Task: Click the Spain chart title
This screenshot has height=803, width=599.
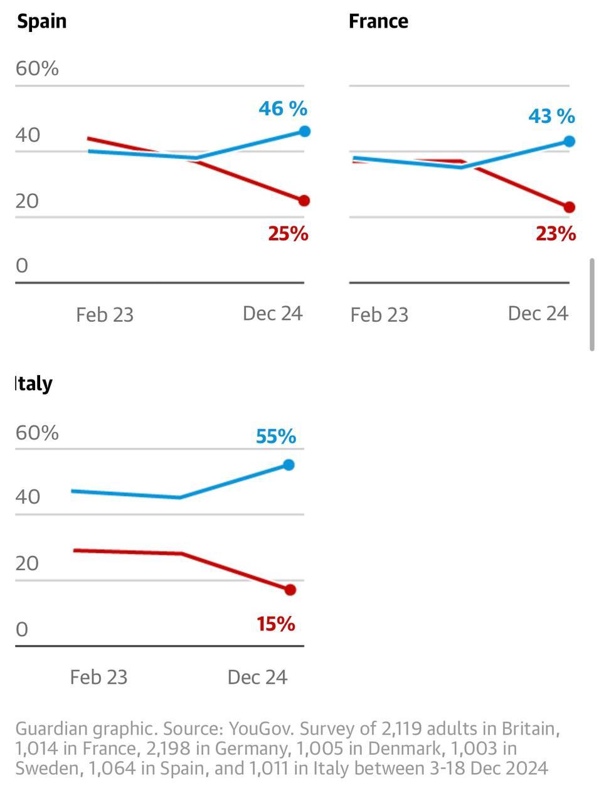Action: [41, 21]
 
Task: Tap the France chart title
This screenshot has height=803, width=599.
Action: [378, 21]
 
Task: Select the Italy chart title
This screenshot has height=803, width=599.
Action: [34, 383]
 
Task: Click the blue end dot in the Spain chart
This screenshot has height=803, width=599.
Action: [304, 131]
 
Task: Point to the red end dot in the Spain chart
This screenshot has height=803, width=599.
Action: [304, 201]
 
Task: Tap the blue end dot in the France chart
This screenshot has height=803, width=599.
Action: [570, 141]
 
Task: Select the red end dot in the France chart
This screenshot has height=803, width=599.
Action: [570, 207]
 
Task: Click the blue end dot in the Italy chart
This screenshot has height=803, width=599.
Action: [289, 465]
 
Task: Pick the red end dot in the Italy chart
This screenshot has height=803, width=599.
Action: [290, 590]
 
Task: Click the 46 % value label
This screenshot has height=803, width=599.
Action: [283, 109]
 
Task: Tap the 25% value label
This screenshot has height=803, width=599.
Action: [289, 234]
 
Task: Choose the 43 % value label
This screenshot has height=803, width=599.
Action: [551, 116]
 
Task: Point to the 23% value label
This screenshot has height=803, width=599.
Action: [556, 234]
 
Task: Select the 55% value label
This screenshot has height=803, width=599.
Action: [276, 437]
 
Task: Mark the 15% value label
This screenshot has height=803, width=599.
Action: [276, 624]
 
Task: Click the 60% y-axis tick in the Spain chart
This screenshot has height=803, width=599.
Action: [37, 68]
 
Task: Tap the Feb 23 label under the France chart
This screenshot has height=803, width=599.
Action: [379, 314]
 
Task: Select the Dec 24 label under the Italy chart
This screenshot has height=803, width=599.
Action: [257, 677]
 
